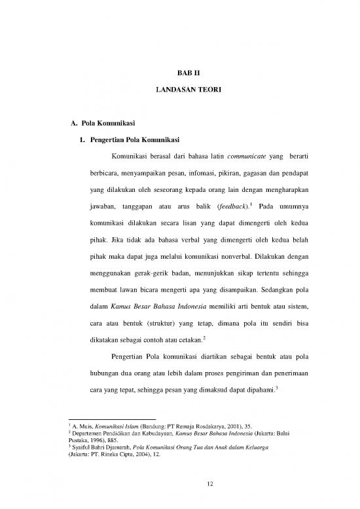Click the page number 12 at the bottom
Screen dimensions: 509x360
click(179, 484)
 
